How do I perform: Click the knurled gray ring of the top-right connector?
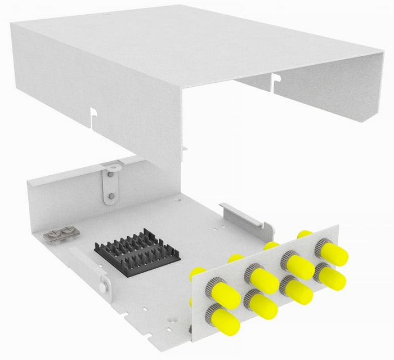click(323, 246)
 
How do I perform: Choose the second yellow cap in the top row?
click(261, 279)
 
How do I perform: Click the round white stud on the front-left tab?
click(102, 286)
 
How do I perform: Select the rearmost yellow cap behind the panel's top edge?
click(305, 233)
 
